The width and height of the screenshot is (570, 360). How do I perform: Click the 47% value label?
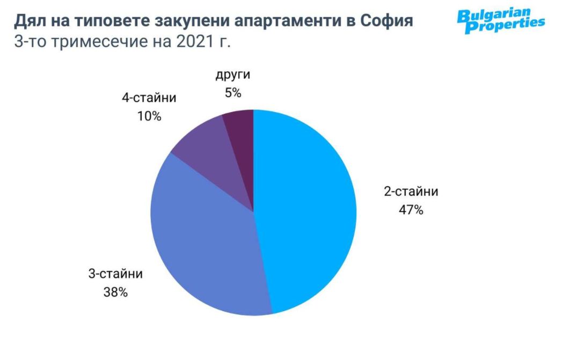click(411, 210)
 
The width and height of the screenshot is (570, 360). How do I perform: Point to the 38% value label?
click(115, 292)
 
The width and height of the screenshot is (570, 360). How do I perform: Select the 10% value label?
click(149, 116)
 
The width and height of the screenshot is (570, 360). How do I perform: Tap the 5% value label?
click(233, 93)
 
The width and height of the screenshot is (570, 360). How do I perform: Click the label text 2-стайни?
click(411, 192)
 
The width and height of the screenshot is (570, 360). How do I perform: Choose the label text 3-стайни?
click(115, 275)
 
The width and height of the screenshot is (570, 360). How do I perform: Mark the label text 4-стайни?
click(149, 98)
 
